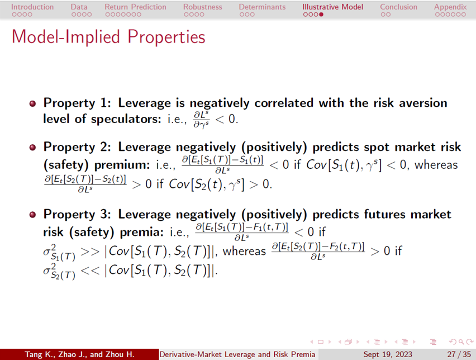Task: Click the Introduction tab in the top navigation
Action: tap(32, 7)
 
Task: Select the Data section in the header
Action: tap(79, 7)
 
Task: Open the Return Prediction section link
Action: tap(135, 7)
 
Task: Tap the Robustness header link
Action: tap(202, 7)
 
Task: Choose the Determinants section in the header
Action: tap(262, 7)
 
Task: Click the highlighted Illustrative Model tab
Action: tap(333, 7)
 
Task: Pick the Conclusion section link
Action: tap(398, 7)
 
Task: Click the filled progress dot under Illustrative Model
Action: tap(321, 15)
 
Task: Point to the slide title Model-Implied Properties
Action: tap(108, 37)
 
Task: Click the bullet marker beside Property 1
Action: tap(32, 104)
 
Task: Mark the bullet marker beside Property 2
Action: tap(32, 148)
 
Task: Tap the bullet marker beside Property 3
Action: tap(32, 215)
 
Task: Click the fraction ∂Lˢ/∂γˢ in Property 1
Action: tap(202, 120)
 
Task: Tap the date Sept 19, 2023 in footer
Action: tap(388, 354)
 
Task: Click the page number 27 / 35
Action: tap(459, 354)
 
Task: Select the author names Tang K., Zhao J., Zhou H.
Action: tap(79, 354)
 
